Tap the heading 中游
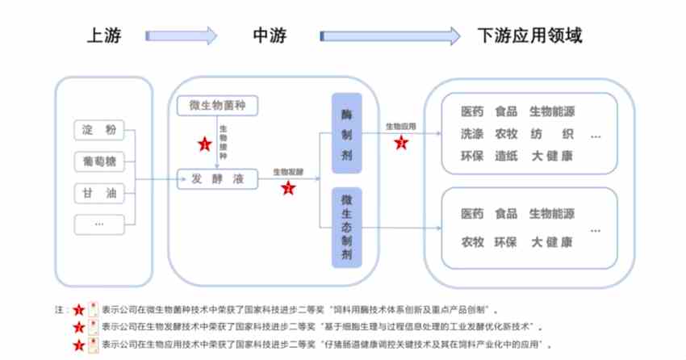coord(270,36)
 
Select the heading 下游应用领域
coord(530,36)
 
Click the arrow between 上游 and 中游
coord(182,36)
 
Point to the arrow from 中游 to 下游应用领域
coord(390,36)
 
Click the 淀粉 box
coord(99,129)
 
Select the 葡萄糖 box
coord(99,160)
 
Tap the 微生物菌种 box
coord(215,106)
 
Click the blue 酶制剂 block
coord(347,134)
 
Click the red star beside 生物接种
coord(204,144)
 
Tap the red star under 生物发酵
coord(287,188)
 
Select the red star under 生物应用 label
coord(401,143)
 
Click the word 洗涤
coord(472,133)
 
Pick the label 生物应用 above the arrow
coord(400,127)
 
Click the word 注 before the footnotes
coord(58,309)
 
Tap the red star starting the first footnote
coord(78,309)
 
